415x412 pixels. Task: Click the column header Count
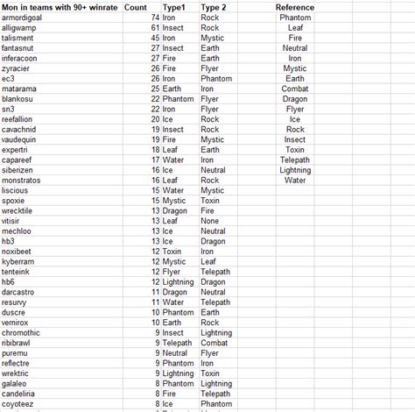[136, 7]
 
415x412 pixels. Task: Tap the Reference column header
[295, 7]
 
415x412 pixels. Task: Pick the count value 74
[155, 18]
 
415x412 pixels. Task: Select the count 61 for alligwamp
[155, 28]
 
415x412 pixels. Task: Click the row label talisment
[18, 39]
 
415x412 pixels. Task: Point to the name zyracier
[17, 68]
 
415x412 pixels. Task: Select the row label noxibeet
[18, 252]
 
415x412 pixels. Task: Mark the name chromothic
[21, 333]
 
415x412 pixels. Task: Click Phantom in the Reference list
[296, 18]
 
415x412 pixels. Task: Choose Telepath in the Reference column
[295, 160]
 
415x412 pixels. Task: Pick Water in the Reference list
[295, 180]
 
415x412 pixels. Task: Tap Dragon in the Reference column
[295, 99]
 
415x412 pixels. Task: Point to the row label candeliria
[20, 394]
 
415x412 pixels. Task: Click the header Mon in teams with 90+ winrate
[59, 7]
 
